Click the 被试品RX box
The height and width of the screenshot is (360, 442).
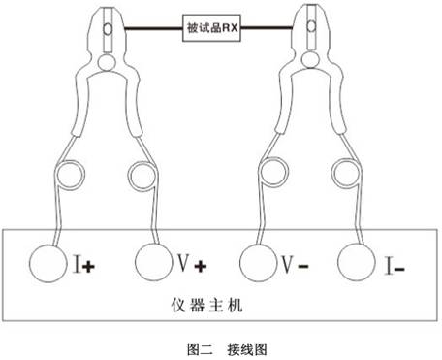211,28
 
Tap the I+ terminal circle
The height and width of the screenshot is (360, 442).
48,264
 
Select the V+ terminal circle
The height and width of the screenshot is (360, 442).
154,263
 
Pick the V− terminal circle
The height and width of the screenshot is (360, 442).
259,263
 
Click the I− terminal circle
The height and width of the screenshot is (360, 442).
357,262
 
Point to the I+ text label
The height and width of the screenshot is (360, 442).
84,265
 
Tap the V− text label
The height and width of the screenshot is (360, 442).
295,264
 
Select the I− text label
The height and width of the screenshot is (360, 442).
395,266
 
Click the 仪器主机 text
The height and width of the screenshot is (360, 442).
206,305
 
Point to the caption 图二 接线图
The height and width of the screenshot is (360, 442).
227,349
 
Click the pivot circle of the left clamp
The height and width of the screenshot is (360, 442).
107,62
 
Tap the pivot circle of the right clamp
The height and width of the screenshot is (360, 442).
310,59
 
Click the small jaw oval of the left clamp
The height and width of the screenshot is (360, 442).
108,29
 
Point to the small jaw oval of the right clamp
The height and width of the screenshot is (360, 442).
311,26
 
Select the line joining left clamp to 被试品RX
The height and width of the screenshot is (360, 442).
153,29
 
